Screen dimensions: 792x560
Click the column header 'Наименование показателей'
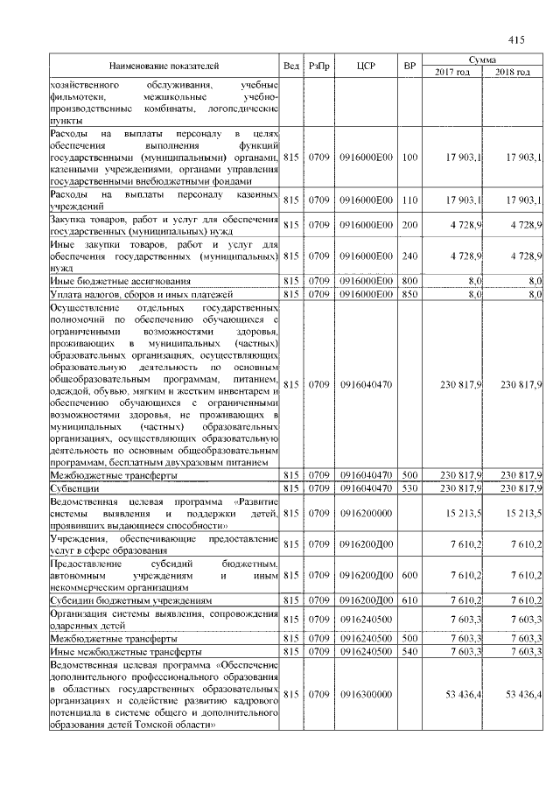coord(164,66)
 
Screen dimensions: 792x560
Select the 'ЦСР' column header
coord(367,66)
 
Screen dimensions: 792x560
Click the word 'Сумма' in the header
coord(482,59)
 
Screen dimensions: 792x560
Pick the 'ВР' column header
coord(409,66)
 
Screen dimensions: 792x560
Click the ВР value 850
coord(409,295)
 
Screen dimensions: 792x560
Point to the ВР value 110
coord(409,201)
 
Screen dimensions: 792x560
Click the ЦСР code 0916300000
coord(367,694)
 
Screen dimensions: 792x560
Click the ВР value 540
coord(409,653)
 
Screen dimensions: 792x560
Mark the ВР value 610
coord(409,601)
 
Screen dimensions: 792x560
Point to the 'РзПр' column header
coord(320,66)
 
